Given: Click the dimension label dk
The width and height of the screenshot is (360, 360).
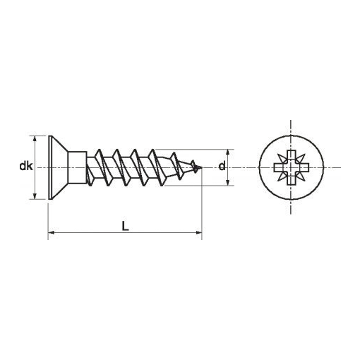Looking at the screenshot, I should point(24,167).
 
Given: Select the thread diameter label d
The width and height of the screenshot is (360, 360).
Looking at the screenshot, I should point(222,167).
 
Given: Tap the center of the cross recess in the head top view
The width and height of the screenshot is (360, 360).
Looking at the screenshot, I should point(291,168).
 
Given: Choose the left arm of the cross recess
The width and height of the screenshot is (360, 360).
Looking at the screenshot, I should point(276,168).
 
